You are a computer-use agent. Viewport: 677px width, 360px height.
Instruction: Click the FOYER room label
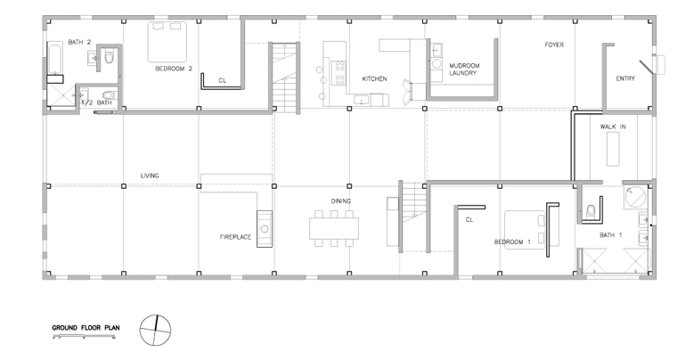[554, 45]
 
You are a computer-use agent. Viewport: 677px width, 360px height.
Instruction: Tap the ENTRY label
[625, 78]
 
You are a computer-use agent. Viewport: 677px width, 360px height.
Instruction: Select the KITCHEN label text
[374, 79]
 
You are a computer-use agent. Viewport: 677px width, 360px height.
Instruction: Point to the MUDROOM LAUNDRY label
[464, 70]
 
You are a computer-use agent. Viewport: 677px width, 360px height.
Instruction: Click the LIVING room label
[150, 176]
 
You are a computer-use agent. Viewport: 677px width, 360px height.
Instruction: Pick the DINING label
[341, 201]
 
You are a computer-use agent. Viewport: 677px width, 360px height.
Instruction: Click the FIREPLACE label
[235, 237]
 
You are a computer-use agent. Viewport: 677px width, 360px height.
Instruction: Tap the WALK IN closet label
[613, 127]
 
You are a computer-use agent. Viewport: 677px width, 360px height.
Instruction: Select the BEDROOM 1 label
[512, 242]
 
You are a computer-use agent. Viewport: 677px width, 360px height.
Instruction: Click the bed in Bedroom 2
[167, 42]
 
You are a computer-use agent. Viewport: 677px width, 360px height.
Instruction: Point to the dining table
[334, 229]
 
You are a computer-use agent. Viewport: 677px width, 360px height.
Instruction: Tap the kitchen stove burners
[338, 72]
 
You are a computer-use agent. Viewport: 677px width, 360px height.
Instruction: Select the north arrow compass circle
[155, 331]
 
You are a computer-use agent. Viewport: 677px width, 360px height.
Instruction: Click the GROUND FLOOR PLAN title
[86, 328]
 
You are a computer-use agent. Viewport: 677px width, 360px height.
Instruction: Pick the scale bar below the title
[85, 335]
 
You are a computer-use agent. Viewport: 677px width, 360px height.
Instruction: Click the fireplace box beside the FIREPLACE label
[265, 229]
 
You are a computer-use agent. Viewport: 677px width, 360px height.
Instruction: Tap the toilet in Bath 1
[591, 211]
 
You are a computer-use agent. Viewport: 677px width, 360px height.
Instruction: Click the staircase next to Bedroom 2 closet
[284, 78]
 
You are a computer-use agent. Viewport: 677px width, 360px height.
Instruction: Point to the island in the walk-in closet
[613, 149]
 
